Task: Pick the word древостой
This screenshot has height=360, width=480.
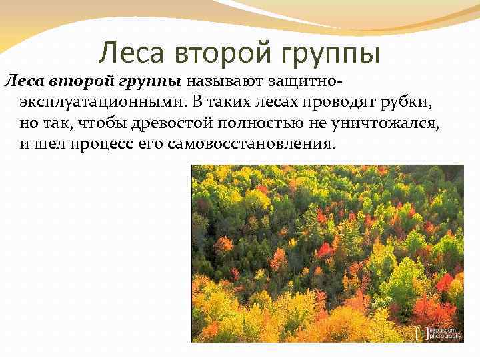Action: point(149,123)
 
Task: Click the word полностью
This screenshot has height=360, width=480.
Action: point(232,123)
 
